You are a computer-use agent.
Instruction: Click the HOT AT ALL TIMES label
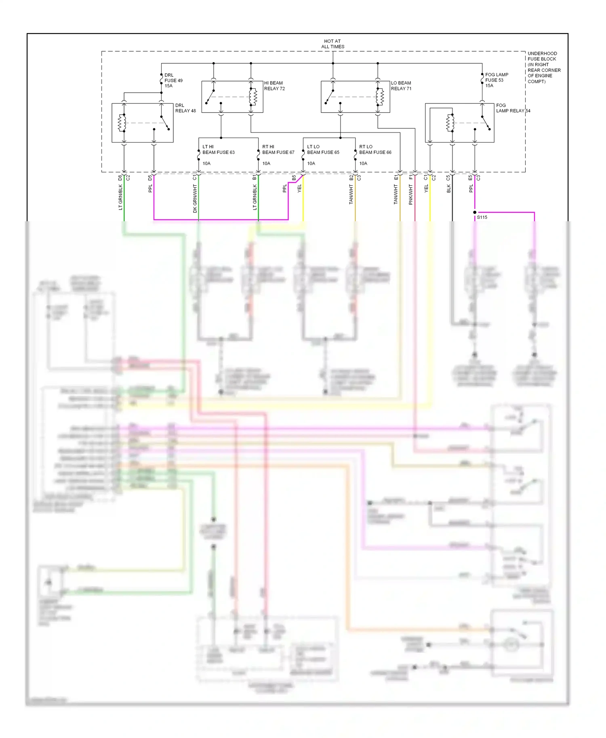332,44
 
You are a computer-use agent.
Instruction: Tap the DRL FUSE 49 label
173,80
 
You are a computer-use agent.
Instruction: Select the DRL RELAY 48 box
142,123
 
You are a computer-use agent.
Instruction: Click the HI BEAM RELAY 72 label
274,86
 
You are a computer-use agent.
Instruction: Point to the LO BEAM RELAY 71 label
401,86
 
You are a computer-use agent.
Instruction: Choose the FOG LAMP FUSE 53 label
497,80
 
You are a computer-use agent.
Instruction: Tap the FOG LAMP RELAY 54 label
513,108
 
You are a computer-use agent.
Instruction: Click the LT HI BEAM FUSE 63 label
218,149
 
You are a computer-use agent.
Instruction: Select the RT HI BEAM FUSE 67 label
278,149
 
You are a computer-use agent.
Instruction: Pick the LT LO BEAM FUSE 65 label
323,149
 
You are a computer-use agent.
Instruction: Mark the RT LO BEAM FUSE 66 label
375,149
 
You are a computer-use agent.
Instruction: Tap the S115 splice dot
475,212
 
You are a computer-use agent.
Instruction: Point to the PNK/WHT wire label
410,195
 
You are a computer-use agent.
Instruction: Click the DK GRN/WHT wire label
195,199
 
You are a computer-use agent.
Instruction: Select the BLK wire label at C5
448,189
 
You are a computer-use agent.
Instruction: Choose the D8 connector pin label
120,178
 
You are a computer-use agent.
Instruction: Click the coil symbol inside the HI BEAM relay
253,96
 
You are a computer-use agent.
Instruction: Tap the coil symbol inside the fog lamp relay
450,123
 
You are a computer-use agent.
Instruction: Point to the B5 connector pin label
294,178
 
